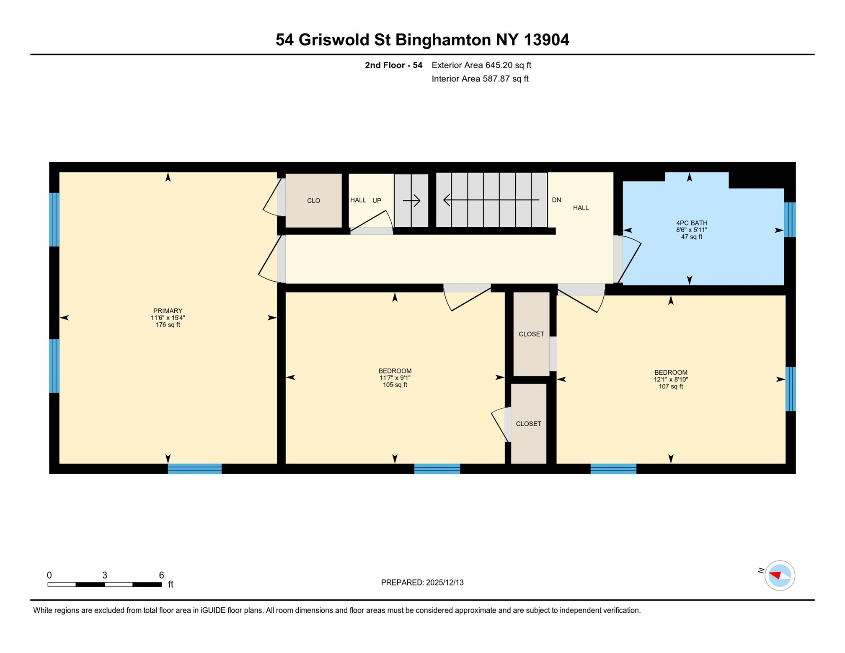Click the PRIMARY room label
coord(168,311)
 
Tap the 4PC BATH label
coord(691,223)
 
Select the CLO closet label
coord(313,201)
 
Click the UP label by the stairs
coord(377,201)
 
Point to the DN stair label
coord(556,200)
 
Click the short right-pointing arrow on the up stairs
coord(411,201)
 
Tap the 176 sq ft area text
coord(168,325)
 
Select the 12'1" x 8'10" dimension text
coord(670,379)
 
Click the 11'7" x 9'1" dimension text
coord(395,378)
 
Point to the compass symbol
coord(779,575)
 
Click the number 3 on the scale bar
coord(105,575)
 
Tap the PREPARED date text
coord(422,582)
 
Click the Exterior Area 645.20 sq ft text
coord(481,65)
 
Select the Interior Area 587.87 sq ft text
coord(480,79)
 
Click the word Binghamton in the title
coord(443,40)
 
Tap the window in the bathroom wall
coord(789,220)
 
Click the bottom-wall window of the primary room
coord(194,469)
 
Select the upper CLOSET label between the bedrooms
coord(531,334)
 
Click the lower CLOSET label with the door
coord(528,424)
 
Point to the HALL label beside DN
coord(581,208)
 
